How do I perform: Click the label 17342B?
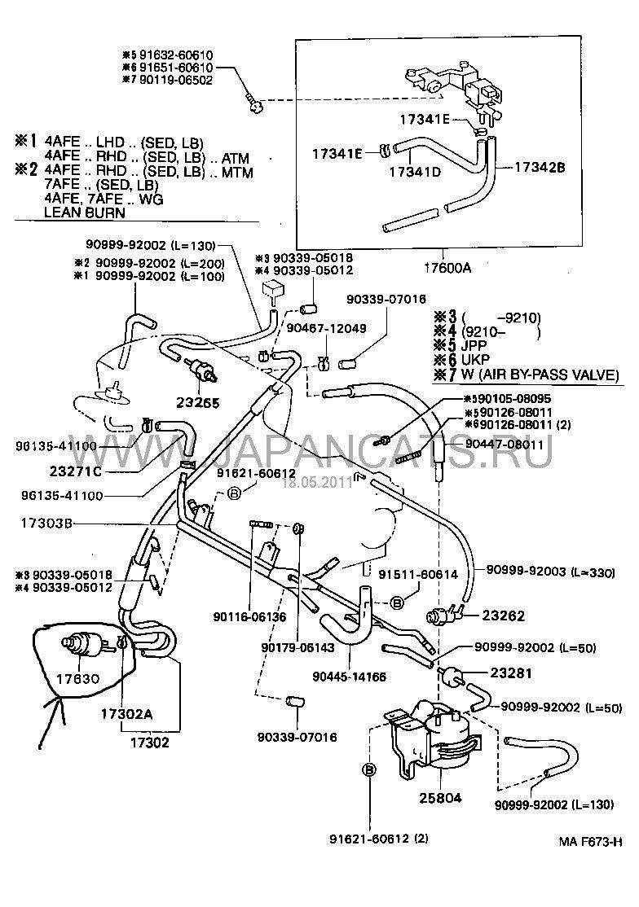coord(539,168)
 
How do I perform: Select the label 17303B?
coord(37,525)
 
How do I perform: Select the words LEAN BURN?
coord(85,213)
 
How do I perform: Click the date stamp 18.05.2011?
coord(315,482)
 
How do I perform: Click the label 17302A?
coord(127,714)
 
